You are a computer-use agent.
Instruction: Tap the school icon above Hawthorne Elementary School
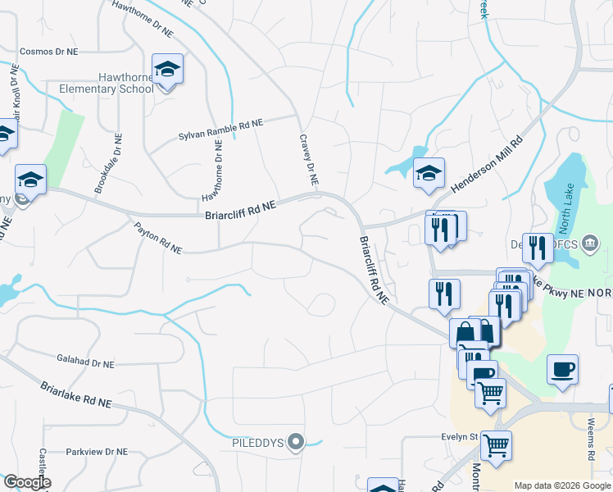click(167, 70)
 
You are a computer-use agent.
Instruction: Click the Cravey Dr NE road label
click(308, 160)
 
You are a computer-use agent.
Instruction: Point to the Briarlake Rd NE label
click(76, 392)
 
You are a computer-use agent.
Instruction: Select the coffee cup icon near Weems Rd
click(562, 369)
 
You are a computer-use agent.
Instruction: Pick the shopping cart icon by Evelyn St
click(496, 446)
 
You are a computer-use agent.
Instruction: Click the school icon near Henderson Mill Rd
click(429, 174)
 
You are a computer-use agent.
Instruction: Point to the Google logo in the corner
click(26, 482)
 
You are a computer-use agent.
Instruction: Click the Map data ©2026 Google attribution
click(562, 485)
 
